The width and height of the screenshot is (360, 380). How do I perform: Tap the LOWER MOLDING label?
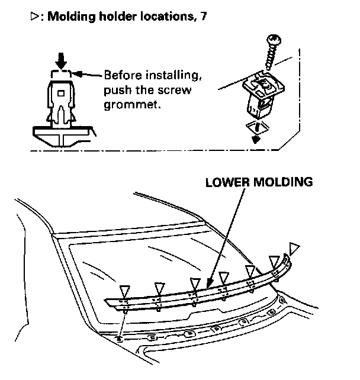259,182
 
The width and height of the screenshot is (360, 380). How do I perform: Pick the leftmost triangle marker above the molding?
124,289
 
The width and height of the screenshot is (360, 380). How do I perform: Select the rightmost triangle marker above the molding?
295,247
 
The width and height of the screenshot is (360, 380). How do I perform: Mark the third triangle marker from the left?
195,282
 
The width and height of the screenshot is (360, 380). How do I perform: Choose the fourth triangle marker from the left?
224,276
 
